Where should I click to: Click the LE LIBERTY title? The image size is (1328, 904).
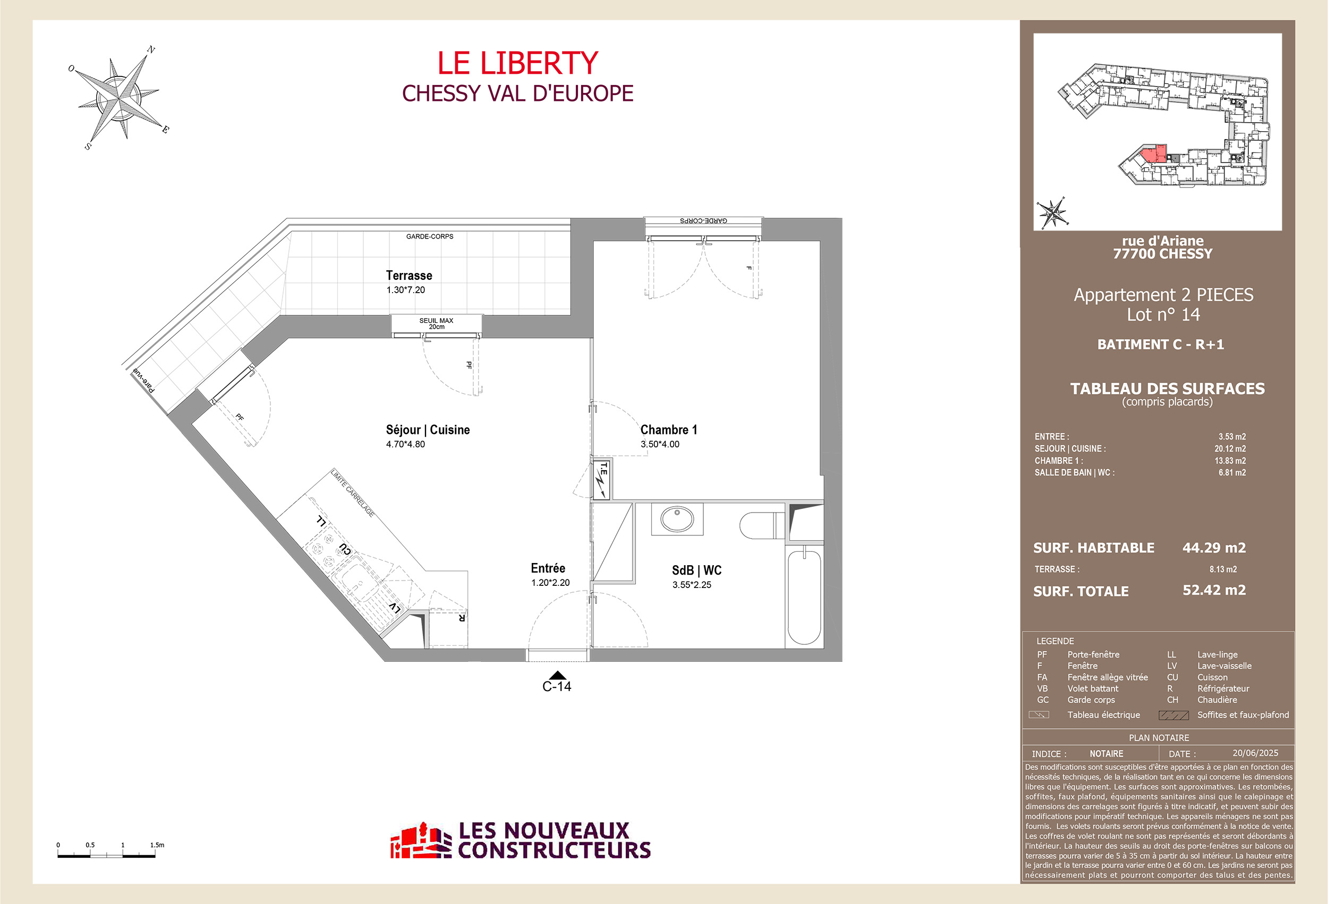click(x=517, y=63)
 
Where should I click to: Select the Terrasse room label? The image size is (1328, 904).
click(x=408, y=276)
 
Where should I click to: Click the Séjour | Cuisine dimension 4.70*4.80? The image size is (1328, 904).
click(x=405, y=444)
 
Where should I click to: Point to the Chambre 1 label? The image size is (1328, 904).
click(x=668, y=430)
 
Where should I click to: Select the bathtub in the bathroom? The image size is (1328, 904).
click(x=804, y=596)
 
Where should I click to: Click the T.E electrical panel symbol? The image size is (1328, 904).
click(x=602, y=479)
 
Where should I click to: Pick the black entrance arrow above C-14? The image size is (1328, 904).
click(x=557, y=676)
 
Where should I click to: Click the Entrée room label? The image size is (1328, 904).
click(x=548, y=568)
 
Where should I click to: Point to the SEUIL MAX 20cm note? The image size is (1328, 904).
click(x=436, y=323)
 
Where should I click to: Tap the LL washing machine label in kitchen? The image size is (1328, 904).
click(x=322, y=521)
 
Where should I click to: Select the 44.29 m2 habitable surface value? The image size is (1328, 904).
click(x=1214, y=548)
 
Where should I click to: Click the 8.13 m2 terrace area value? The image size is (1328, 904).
click(x=1222, y=569)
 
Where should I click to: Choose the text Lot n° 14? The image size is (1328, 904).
click(x=1163, y=314)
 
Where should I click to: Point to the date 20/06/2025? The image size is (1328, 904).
click(x=1255, y=753)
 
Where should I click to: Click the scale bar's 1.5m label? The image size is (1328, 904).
click(x=157, y=845)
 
